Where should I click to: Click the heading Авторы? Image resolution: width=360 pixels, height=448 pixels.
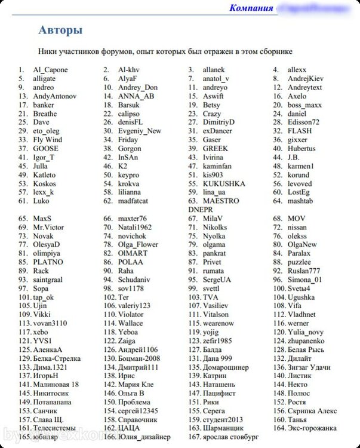[60, 30]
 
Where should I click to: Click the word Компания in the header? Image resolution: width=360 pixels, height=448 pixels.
[251, 8]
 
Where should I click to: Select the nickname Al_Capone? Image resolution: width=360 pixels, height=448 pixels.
[50, 70]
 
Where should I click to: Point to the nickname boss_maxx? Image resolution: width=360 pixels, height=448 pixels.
[305, 105]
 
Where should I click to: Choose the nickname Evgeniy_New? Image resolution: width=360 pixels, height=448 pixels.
[140, 131]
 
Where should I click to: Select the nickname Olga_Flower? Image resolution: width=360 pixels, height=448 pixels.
[139, 244]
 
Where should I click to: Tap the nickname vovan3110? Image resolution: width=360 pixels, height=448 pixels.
[50, 323]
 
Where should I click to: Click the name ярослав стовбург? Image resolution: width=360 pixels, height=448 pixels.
[230, 437]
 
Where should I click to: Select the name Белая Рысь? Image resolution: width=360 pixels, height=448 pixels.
[307, 349]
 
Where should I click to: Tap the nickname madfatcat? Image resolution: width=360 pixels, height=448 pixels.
[133, 201]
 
